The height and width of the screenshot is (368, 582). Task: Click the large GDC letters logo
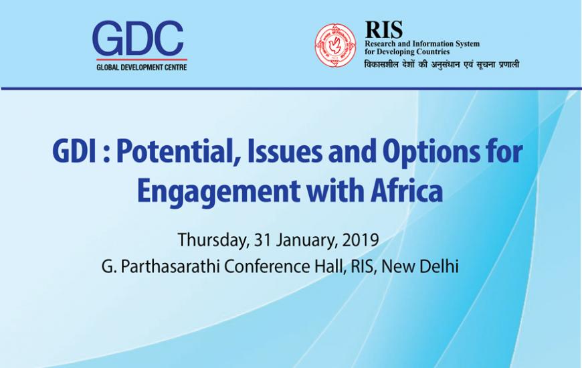click(x=138, y=38)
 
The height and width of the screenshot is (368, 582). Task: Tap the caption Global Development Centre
click(x=141, y=68)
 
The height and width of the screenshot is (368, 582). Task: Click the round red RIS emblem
click(x=335, y=45)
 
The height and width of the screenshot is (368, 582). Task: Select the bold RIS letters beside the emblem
click(x=384, y=29)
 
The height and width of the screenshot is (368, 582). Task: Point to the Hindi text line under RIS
click(x=442, y=64)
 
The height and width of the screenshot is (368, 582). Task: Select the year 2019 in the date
click(x=360, y=240)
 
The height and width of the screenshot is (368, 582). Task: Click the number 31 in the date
click(x=262, y=240)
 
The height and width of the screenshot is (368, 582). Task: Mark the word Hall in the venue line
click(x=328, y=266)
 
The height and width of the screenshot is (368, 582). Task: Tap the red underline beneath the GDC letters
click(x=142, y=60)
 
